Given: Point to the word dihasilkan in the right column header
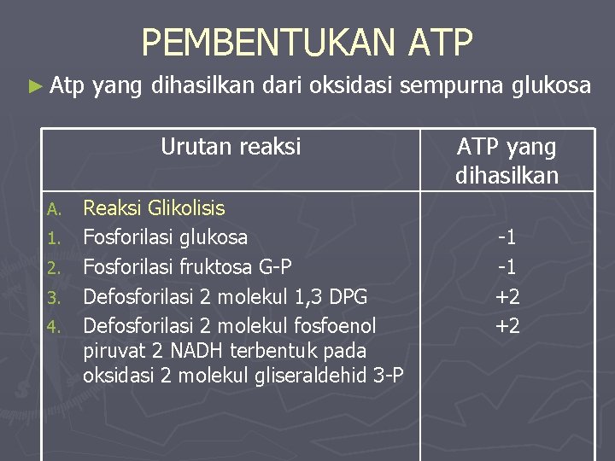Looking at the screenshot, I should click(507, 176).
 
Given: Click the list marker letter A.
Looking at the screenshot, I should click(54, 209).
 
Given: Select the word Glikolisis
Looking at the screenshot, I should click(186, 208).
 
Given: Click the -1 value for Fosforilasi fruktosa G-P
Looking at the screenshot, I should click(507, 267).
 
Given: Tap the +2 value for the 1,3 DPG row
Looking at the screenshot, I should click(507, 296).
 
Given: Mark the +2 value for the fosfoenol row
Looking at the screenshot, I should click(507, 325).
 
